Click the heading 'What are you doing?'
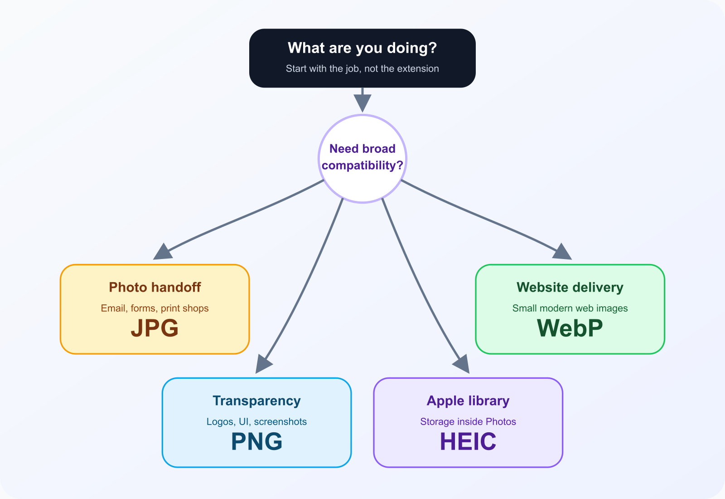(362, 48)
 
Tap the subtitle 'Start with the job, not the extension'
(362, 69)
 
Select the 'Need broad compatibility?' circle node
(362, 158)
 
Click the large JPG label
(155, 328)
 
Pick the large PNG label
(256, 441)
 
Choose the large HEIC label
(468, 441)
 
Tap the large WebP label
(570, 328)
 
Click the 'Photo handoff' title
(155, 288)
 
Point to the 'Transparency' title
(256, 401)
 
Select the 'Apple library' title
(468, 401)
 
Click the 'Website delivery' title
(570, 288)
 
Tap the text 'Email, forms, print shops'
(155, 308)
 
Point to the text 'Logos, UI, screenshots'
(256, 422)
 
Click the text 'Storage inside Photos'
(468, 422)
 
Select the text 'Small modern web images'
(570, 308)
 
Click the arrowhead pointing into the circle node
(362, 102)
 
